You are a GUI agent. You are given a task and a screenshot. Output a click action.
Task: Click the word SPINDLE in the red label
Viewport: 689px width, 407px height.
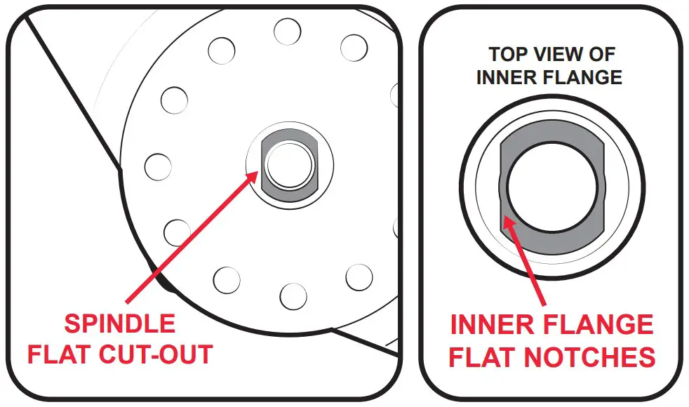(119, 324)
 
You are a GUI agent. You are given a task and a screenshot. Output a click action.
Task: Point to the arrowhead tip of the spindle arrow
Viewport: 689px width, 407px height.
(255, 173)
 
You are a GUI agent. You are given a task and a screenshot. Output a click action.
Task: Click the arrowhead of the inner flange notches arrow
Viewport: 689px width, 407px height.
(509, 222)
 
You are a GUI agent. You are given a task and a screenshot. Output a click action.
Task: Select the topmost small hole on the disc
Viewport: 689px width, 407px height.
(287, 31)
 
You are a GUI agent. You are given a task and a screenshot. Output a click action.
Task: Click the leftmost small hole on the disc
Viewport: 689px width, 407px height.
(157, 166)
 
